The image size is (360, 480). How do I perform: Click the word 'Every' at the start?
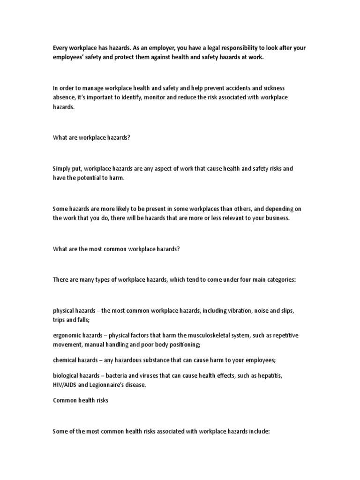coord(60,48)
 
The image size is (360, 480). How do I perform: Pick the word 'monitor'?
coord(154,97)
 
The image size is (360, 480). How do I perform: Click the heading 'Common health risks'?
coord(80,401)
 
